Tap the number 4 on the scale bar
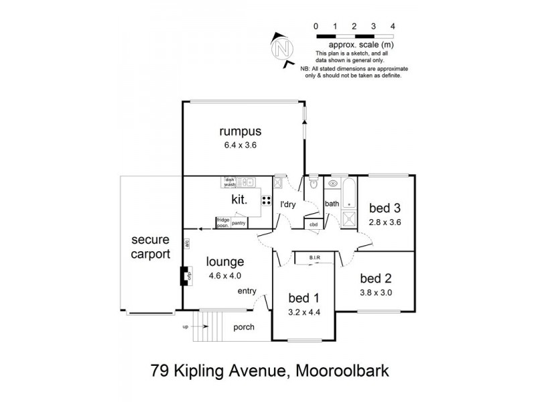(x=392, y=26)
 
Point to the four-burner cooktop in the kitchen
(x=266, y=200)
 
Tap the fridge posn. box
(x=222, y=222)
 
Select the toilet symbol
(x=313, y=182)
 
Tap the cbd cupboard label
(x=313, y=224)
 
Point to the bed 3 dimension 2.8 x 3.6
(x=385, y=222)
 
